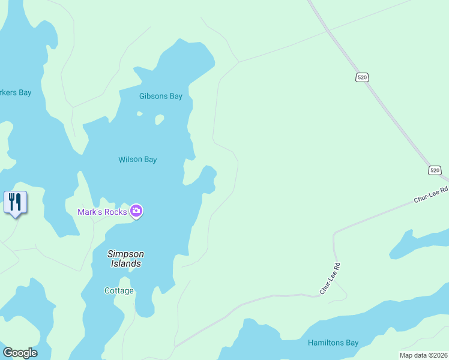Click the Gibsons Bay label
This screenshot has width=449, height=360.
(160, 96)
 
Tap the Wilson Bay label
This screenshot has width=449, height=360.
(137, 160)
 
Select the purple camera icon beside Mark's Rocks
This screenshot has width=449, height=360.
(136, 211)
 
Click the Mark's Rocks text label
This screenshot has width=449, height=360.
(102, 212)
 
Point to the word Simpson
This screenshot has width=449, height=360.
(125, 254)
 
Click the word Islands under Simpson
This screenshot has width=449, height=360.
(125, 263)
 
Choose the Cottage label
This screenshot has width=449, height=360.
(119, 291)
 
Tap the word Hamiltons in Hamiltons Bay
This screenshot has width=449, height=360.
(325, 343)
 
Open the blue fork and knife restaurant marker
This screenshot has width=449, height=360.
(15, 202)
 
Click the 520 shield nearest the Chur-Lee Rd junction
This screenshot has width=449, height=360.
(435, 170)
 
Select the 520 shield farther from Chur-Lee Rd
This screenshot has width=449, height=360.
(361, 77)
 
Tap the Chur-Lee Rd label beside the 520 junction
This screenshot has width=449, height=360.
(431, 194)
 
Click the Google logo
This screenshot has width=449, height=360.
(20, 353)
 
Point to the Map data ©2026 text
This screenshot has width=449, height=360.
(423, 355)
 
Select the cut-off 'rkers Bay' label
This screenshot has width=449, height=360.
(16, 93)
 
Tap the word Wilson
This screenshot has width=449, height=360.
(130, 160)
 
